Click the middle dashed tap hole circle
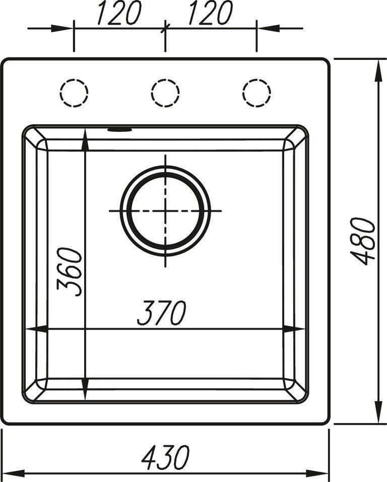165,79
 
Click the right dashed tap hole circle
256,79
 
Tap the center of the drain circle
165,211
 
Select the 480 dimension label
363,241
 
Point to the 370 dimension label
162,312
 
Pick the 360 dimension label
70,272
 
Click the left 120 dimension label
119,13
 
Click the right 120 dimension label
211,13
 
